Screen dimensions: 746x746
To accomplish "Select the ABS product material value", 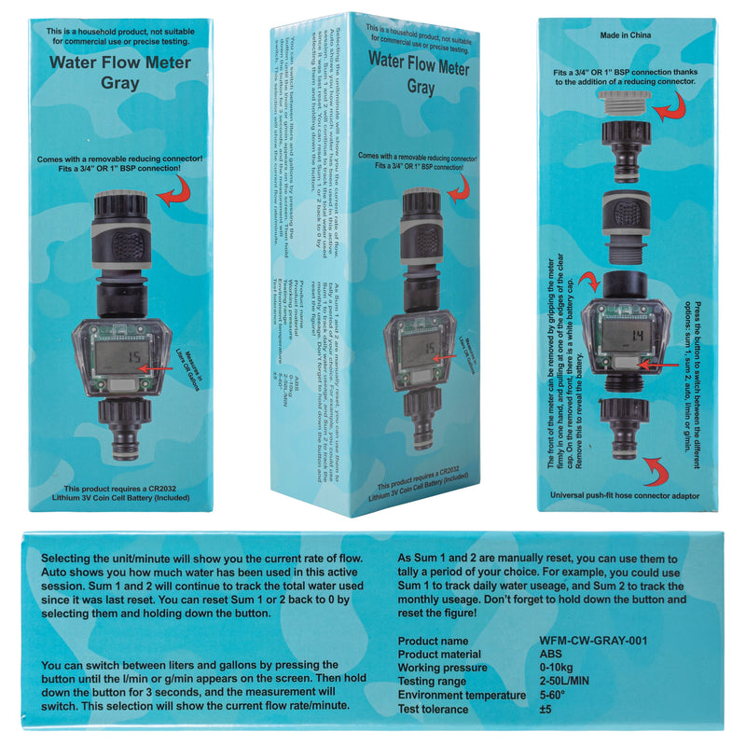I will [552, 655].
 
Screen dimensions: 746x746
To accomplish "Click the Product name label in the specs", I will [434, 641].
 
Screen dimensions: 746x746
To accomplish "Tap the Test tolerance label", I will [434, 710].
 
